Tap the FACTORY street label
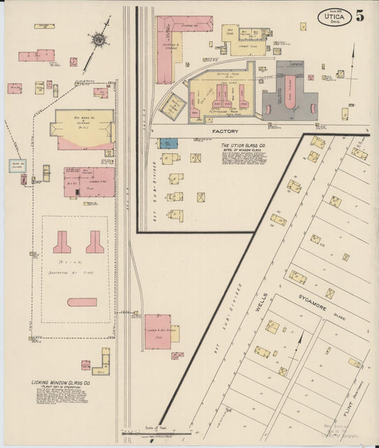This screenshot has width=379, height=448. point(225,132)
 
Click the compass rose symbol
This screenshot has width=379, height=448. point(97,39)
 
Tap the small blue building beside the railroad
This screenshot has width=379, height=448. point(168,143)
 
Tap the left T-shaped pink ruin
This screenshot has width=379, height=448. point(61,242)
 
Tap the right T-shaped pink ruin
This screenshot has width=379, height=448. point(95,242)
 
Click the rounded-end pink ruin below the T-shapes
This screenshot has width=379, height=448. point(82,302)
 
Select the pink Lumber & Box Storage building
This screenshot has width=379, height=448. point(158,332)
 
